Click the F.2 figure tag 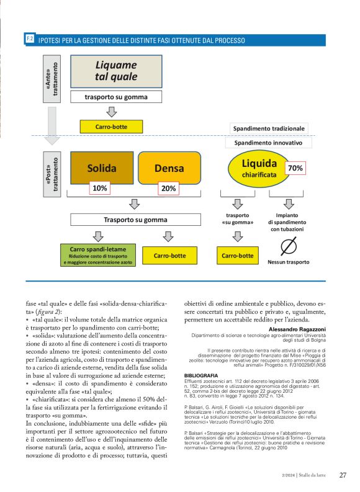tap(30, 39)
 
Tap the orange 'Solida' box tap(101, 168)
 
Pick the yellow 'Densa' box tap(169, 168)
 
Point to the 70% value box tap(295, 168)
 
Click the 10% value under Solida tap(99, 188)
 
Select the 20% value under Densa tap(168, 188)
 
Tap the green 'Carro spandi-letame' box tap(97, 255)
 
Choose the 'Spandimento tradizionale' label tap(269, 128)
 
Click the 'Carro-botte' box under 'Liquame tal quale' tap(111, 127)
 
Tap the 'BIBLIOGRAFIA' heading tap(201, 376)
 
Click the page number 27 tap(343, 475)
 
